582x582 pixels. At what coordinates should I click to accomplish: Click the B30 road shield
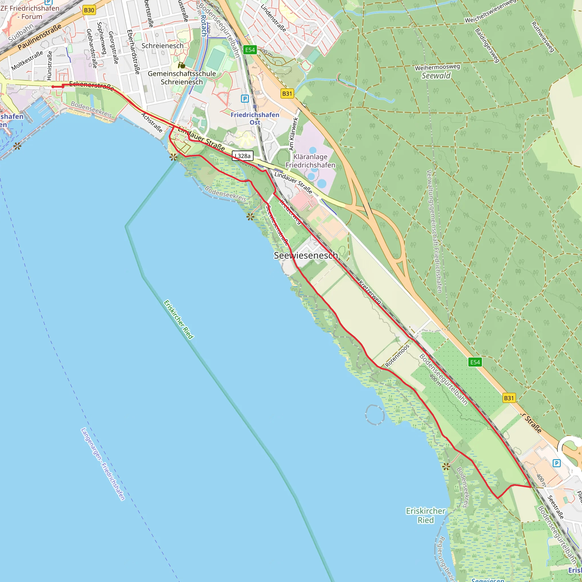[89, 10]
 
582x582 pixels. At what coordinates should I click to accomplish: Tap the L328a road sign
[243, 156]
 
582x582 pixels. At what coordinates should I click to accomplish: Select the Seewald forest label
[436, 76]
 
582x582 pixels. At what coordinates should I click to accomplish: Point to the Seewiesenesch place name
[305, 255]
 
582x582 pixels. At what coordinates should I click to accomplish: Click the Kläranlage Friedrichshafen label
[310, 161]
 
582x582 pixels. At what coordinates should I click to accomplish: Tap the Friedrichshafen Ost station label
[255, 119]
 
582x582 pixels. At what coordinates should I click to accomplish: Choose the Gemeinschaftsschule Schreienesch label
[182, 78]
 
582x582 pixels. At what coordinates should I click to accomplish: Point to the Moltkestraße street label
[27, 61]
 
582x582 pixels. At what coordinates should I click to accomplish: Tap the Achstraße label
[152, 122]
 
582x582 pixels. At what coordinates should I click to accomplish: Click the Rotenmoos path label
[397, 356]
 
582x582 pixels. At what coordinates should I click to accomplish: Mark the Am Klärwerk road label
[293, 134]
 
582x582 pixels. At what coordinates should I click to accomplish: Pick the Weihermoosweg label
[437, 67]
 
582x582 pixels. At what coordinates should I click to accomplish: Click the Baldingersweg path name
[487, 45]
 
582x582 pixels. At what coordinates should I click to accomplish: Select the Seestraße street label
[555, 507]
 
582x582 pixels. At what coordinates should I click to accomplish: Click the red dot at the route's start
[53, 87]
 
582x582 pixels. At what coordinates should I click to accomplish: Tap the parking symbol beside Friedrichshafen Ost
[245, 99]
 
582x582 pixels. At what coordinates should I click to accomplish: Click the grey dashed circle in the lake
[375, 415]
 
